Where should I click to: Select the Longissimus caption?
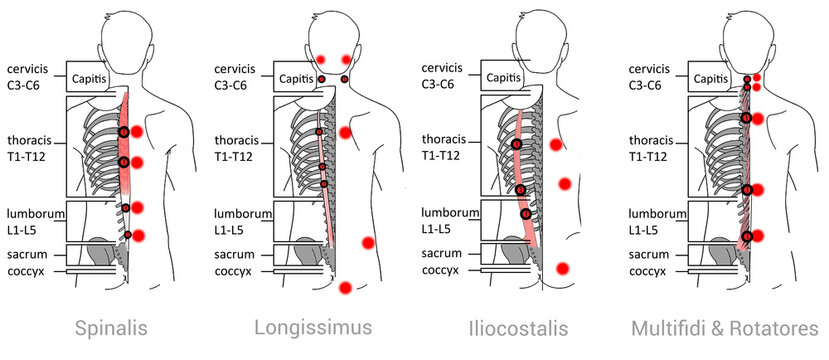click(299, 327)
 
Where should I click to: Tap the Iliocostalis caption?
click(517, 327)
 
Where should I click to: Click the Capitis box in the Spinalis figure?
click(94, 77)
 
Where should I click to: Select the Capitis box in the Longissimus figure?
click(295, 77)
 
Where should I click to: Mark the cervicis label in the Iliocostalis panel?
click(442, 68)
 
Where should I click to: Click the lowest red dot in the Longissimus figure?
click(345, 288)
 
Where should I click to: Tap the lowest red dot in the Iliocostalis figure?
click(563, 268)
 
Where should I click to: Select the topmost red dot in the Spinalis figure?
click(137, 132)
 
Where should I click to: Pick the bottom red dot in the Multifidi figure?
click(758, 236)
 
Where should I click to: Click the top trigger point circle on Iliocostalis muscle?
click(517, 145)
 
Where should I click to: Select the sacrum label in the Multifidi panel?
click(650, 253)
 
